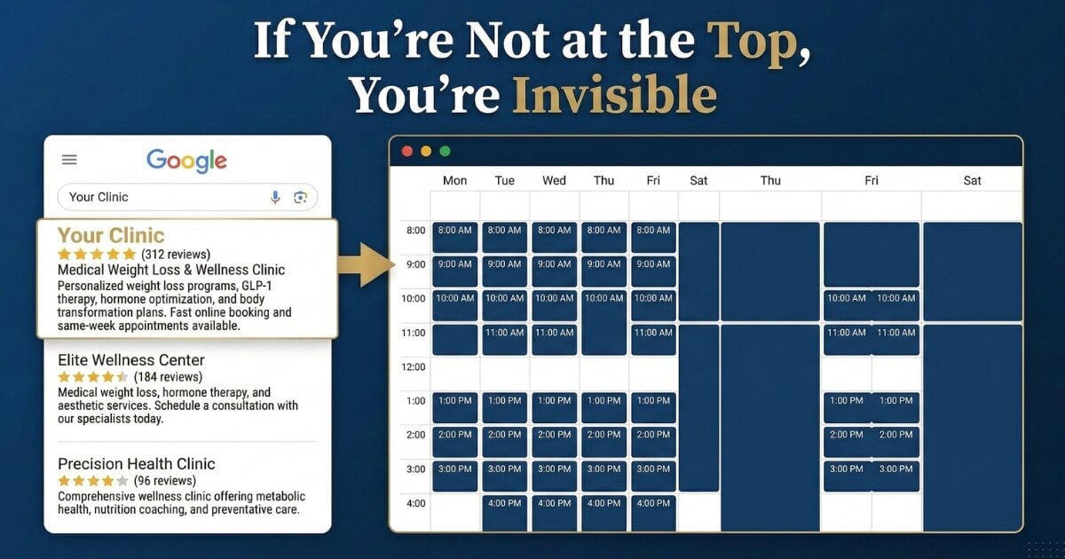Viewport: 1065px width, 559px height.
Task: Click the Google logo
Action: (186, 161)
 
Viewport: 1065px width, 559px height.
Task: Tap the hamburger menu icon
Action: (69, 160)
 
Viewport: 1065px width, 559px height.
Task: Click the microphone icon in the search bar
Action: (275, 197)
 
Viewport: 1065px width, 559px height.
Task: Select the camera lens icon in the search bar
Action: (300, 197)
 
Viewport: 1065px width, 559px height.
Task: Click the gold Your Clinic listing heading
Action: (111, 235)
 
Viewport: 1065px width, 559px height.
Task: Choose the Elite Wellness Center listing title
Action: (130, 360)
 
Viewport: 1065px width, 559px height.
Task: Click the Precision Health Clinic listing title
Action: (136, 464)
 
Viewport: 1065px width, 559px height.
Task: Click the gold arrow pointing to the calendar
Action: (366, 263)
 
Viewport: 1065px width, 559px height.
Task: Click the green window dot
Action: (445, 151)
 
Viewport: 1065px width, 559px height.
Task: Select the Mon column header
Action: (454, 180)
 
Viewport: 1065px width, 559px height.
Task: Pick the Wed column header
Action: (554, 180)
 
